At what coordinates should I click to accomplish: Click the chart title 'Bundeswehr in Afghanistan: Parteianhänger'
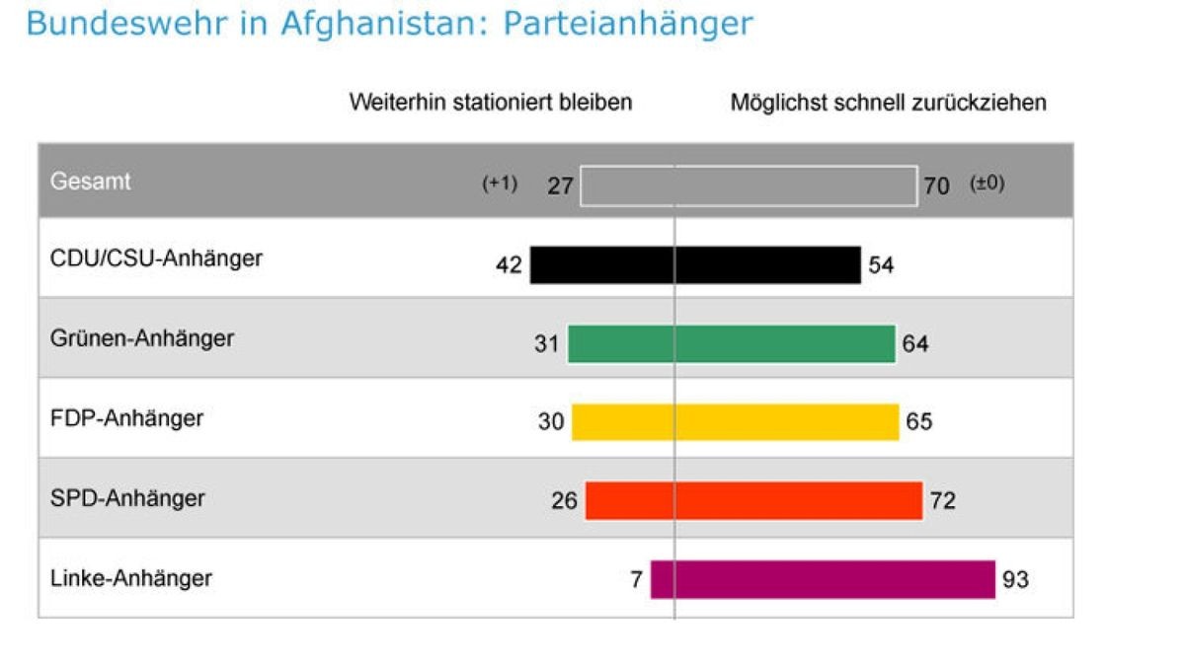coord(389,24)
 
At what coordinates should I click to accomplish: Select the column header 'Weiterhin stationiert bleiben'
coord(490,103)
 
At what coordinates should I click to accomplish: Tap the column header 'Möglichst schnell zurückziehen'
coord(888,103)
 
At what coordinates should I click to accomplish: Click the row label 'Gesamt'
coord(90,183)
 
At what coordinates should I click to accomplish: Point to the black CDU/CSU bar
coord(695,264)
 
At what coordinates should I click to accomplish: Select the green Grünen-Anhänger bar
coord(731,344)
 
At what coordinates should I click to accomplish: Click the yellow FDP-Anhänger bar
coord(735,422)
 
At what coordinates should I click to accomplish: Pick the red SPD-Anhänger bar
coord(753,501)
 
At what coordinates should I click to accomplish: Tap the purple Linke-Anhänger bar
coord(822,579)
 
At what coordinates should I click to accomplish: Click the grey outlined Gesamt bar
coord(749,186)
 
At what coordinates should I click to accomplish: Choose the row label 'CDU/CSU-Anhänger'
coord(156,259)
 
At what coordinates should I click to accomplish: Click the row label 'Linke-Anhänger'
coord(130,577)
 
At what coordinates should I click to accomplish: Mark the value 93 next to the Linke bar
coord(1015,580)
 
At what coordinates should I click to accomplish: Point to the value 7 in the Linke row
coord(636,580)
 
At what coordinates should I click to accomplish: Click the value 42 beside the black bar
coord(509,265)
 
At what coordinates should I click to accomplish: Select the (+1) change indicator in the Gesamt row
coord(499,185)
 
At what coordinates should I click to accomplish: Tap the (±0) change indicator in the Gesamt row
coord(987,185)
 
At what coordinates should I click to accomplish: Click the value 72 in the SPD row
coord(942,501)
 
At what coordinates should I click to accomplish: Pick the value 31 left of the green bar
coord(546,344)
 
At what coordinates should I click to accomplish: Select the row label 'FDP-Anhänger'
coord(126,418)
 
